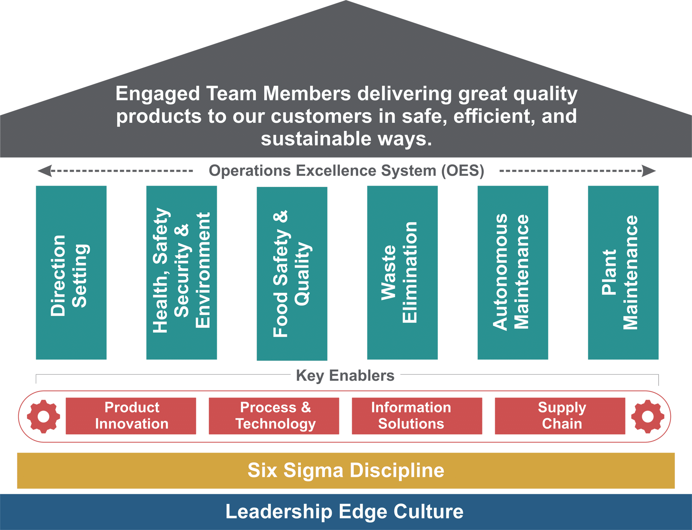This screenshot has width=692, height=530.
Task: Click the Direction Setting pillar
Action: tap(71, 272)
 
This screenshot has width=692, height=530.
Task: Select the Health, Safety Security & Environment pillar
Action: tap(181, 272)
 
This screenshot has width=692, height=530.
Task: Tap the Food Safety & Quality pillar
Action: tap(292, 273)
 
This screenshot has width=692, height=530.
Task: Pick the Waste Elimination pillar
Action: tap(402, 272)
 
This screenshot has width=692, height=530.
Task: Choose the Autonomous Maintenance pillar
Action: tap(513, 272)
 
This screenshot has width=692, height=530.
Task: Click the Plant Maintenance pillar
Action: tap(623, 272)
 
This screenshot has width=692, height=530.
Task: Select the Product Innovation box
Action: tap(131, 416)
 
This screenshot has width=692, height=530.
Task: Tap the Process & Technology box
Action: tap(274, 416)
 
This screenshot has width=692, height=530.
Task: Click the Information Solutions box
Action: tap(417, 416)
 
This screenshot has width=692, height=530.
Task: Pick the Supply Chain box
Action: tap(560, 416)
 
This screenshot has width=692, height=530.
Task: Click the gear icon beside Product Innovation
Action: tap(44, 416)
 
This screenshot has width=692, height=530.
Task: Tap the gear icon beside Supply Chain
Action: tap(648, 416)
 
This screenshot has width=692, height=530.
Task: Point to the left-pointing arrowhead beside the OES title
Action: tap(45, 171)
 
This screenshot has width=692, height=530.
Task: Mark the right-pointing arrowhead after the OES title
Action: tap(649, 171)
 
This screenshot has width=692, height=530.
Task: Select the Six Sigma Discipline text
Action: tap(346, 470)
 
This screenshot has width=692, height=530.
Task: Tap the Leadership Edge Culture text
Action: tap(345, 511)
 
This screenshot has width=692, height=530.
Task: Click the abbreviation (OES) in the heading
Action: tap(463, 171)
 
